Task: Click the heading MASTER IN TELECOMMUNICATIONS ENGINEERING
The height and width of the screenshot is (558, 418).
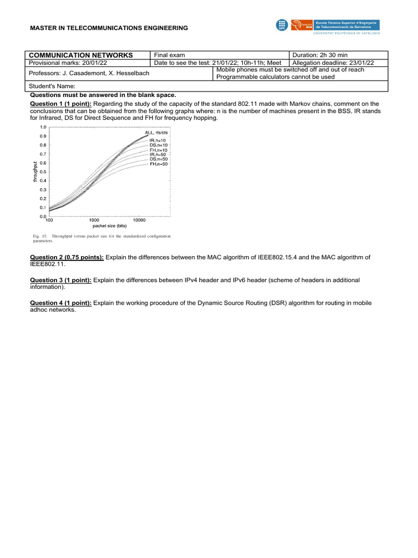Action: (x=109, y=28)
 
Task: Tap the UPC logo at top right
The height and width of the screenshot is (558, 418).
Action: (x=281, y=25)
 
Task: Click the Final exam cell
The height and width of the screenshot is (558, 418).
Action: (x=170, y=55)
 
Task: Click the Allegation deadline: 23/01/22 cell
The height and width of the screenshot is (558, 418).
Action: (x=337, y=63)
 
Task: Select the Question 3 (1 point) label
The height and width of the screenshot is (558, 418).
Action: (x=60, y=280)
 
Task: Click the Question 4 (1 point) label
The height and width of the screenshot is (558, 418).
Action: (x=60, y=303)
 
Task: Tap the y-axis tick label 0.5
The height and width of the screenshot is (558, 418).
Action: (x=42, y=172)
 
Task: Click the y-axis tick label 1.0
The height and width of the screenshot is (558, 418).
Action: (x=42, y=128)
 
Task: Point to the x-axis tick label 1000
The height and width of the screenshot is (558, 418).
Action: (x=95, y=220)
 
